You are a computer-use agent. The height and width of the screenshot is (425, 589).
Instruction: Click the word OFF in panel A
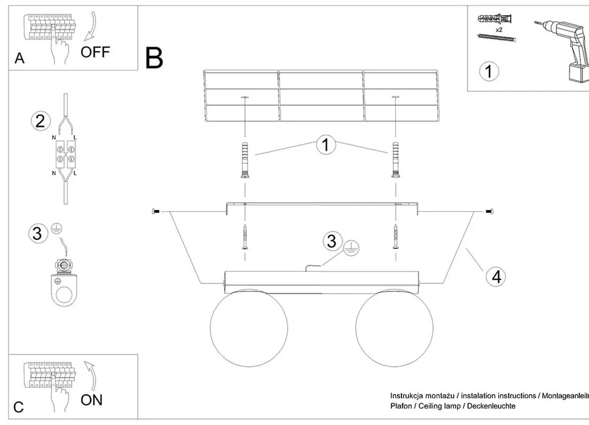(95, 52)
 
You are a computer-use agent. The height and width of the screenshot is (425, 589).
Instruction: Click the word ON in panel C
(91, 399)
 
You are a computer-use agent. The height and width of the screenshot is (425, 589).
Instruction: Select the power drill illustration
(561, 49)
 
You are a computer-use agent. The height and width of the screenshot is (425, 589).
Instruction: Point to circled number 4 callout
(496, 276)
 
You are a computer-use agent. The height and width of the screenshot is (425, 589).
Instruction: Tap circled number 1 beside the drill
(489, 71)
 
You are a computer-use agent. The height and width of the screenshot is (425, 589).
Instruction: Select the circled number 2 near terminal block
(40, 121)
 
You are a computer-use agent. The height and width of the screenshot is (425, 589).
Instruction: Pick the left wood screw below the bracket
(245, 237)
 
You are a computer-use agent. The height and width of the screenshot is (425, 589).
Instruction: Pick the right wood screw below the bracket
(395, 237)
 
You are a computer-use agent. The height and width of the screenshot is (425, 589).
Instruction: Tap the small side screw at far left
(155, 211)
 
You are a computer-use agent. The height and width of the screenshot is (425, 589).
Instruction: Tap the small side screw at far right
(489, 211)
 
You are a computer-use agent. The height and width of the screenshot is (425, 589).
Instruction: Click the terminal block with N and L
(66, 154)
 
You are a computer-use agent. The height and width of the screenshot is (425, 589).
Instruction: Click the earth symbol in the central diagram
(352, 248)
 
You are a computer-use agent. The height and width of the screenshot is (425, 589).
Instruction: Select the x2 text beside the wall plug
(499, 29)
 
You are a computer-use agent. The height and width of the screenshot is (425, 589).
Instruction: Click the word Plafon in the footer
(401, 406)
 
